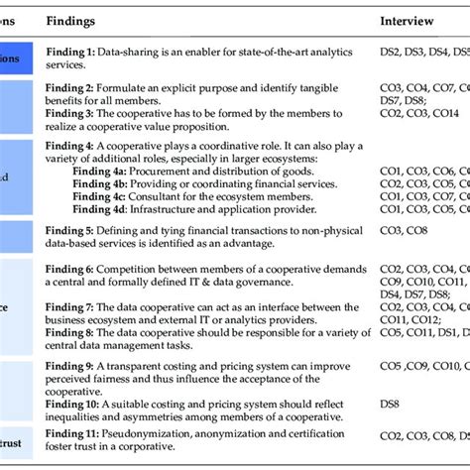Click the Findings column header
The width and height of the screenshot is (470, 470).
109,21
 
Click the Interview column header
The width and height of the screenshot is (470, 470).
410,21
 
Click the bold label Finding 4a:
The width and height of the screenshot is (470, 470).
130,171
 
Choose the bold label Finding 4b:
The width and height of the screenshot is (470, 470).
130,184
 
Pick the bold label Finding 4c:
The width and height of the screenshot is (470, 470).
130,197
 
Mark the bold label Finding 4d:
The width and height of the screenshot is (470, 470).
130,210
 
